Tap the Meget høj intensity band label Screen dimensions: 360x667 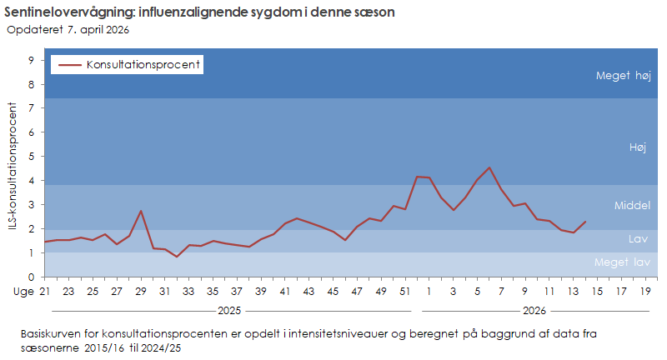coord(622,75)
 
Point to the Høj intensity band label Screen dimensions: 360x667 coord(638,147)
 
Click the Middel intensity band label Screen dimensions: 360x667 coord(631,205)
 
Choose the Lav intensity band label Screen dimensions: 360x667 coord(638,239)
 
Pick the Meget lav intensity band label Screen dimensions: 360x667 coord(621,262)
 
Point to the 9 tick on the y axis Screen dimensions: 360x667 coord(31,60)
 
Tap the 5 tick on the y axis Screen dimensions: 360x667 coord(31,157)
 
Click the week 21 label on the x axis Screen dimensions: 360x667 coord(45,291)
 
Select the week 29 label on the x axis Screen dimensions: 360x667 coord(141,291)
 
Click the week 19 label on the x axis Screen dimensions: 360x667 coord(645,291)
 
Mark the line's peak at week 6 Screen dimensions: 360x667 coord(489,167)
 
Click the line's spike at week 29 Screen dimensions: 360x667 coord(141,211)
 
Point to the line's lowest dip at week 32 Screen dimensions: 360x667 coord(177,257)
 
